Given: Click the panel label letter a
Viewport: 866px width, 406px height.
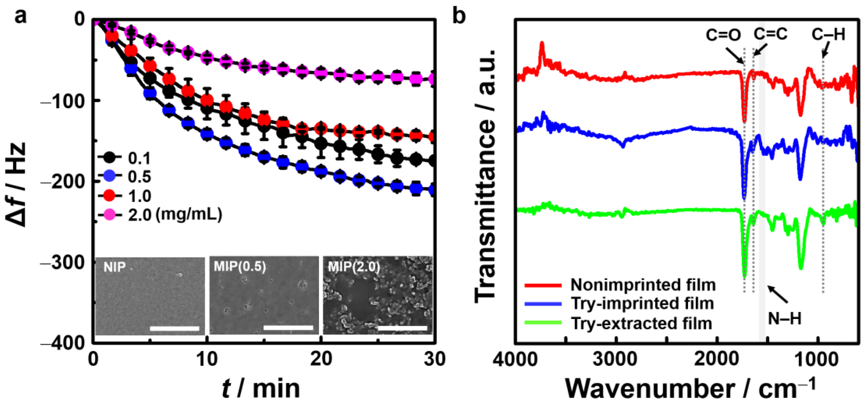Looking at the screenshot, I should click(x=21, y=16).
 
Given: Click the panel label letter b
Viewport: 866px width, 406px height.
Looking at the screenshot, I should click(x=459, y=16).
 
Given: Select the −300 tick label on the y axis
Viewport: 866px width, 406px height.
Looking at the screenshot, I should click(x=62, y=262).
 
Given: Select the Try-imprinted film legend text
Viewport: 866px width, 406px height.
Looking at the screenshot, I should click(x=642, y=304).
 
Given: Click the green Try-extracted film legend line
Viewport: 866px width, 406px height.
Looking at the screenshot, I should click(x=543, y=323).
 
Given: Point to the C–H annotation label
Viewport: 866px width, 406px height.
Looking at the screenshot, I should click(x=828, y=34).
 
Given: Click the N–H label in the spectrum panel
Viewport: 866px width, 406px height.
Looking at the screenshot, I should click(x=785, y=318).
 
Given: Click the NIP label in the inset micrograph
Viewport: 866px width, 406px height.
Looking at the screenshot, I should click(x=115, y=267).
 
